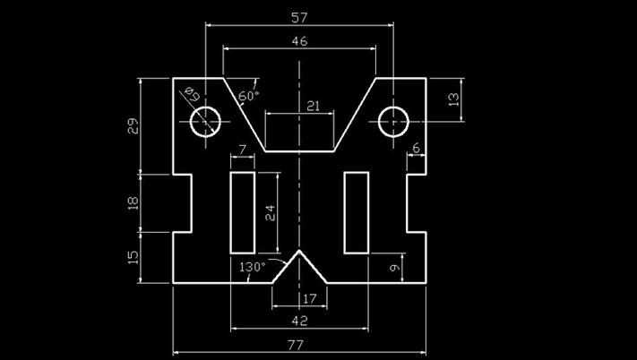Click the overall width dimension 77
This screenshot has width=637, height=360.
coord(299,345)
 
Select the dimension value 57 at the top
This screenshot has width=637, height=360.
coord(299,16)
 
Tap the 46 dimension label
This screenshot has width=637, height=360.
coord(299,41)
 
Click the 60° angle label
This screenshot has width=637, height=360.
coord(249,94)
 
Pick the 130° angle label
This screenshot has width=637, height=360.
coord(253,267)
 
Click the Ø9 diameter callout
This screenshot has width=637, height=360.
coord(191,92)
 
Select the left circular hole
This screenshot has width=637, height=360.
coord(206,120)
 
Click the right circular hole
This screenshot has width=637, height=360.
coord(393,120)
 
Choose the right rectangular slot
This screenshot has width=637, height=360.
coord(357,212)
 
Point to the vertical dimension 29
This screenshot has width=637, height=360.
coord(133,126)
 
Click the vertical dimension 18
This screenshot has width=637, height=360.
coord(133,202)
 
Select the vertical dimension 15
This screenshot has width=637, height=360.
coord(133,257)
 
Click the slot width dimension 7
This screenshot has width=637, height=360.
coord(241,149)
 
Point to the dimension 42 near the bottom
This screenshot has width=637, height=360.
coord(299,320)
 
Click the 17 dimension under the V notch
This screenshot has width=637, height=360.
coord(310,298)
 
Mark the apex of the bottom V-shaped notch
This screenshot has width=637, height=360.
coord(298,252)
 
